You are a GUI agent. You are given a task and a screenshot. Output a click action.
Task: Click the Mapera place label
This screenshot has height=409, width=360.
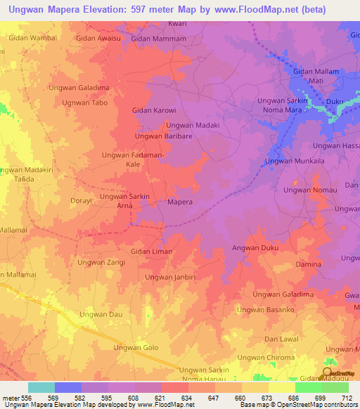[180, 202]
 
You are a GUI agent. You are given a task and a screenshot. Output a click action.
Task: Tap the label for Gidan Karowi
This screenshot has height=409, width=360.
[154, 110]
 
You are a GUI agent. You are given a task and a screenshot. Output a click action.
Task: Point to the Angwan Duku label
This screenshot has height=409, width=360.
[256, 248]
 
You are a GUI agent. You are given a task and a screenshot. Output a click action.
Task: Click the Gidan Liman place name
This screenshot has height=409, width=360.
[151, 251]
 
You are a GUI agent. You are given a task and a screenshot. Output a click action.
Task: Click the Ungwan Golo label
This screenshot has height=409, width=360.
[136, 348]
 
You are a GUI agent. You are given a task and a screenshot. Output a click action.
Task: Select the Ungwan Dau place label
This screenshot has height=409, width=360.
[101, 314]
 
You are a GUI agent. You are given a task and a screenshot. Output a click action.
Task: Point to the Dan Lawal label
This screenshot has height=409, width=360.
[281, 339]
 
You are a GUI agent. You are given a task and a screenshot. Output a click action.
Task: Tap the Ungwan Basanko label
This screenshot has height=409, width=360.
[266, 309]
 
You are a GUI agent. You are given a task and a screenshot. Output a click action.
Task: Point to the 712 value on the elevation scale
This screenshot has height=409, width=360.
[345, 398]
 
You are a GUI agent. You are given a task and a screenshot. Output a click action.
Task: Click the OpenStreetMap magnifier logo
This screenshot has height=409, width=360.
[326, 373]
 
